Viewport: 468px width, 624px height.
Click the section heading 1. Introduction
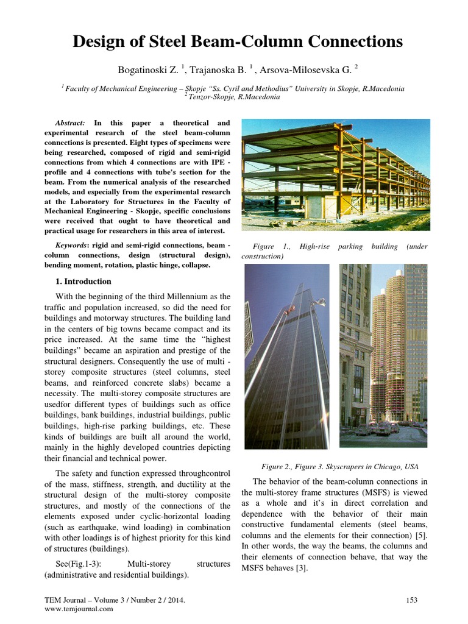click(x=83, y=282)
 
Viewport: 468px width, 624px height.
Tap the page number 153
click(x=411, y=600)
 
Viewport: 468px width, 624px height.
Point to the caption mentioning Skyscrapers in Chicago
click(x=340, y=467)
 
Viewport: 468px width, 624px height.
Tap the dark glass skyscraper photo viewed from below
click(x=286, y=356)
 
